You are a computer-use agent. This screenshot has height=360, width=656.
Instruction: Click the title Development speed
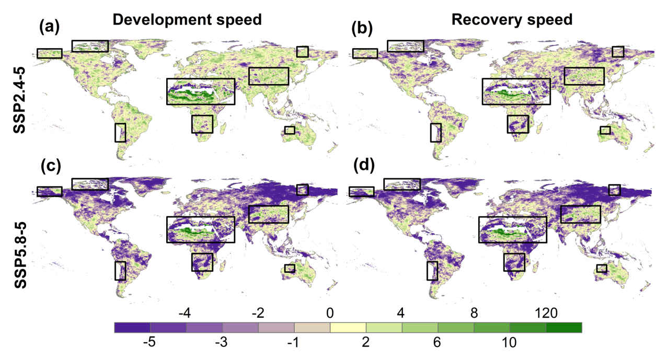187,19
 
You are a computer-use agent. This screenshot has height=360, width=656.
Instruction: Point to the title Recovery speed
512,19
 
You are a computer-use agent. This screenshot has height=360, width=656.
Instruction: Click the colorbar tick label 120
547,313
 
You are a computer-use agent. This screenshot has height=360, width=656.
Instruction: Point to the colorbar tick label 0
330,313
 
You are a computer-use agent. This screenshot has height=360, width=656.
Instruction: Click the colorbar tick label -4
185,313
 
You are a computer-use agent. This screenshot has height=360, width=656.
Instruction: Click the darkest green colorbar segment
563,328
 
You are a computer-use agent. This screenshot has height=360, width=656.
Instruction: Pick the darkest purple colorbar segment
132,328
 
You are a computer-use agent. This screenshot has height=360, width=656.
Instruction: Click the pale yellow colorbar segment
348,328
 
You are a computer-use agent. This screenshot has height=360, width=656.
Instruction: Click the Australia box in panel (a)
290,130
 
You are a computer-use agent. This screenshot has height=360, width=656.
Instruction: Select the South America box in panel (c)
120,271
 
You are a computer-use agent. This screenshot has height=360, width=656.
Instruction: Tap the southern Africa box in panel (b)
517,124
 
